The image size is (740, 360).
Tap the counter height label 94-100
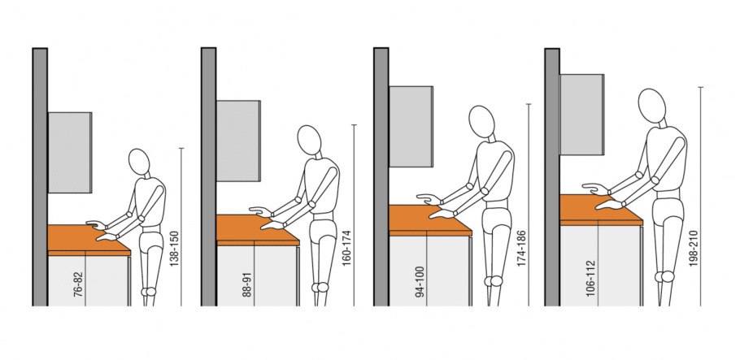(x=420, y=281)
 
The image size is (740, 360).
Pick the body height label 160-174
(x=347, y=248)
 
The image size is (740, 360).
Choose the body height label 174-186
(x=521, y=248)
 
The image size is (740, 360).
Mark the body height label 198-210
(x=693, y=248)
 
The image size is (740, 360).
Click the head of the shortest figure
(x=139, y=162)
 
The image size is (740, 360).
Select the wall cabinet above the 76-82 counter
(x=70, y=153)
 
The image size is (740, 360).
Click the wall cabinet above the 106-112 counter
(x=582, y=115)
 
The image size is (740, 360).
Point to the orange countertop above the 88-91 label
(x=257, y=230)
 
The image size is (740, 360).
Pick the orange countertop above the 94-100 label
(x=429, y=220)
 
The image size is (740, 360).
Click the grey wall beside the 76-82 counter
(x=40, y=177)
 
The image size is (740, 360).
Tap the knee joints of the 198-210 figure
(x=664, y=276)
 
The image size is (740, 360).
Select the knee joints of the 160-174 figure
(x=320, y=287)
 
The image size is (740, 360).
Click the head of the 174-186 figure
(x=481, y=122)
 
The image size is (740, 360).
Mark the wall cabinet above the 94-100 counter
(x=411, y=127)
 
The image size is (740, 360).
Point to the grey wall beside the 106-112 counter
(x=552, y=177)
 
